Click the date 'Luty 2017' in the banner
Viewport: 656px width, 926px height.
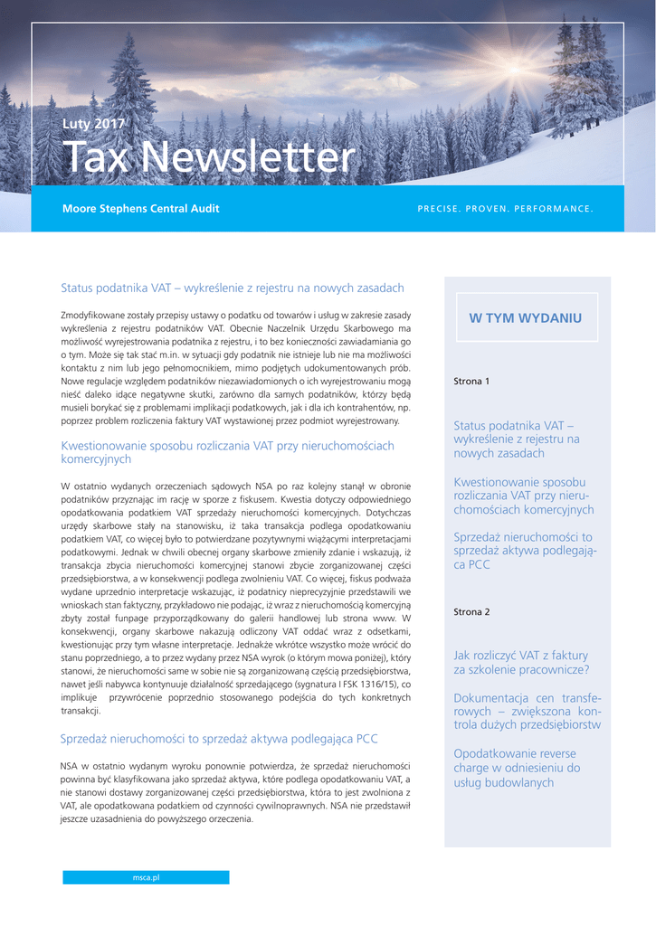(x=93, y=124)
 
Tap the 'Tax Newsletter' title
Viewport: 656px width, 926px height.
(x=208, y=158)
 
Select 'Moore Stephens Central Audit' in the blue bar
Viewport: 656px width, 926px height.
(x=140, y=209)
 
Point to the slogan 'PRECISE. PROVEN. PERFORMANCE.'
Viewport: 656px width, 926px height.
(x=505, y=210)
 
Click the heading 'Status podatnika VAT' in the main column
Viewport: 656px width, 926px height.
(x=233, y=288)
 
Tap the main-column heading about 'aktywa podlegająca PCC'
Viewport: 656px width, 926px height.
(x=219, y=739)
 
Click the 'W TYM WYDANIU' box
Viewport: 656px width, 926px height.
(x=525, y=318)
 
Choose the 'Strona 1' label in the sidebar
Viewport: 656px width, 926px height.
(x=471, y=382)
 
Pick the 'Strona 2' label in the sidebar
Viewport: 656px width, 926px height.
(x=471, y=612)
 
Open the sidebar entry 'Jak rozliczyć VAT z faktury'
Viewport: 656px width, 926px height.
(x=520, y=662)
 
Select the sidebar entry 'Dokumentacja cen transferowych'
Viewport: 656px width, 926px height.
(x=527, y=711)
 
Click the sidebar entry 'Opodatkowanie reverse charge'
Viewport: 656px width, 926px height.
(x=516, y=768)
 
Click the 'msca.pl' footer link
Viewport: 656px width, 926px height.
(x=146, y=877)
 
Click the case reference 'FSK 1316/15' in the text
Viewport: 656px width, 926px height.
(x=366, y=685)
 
